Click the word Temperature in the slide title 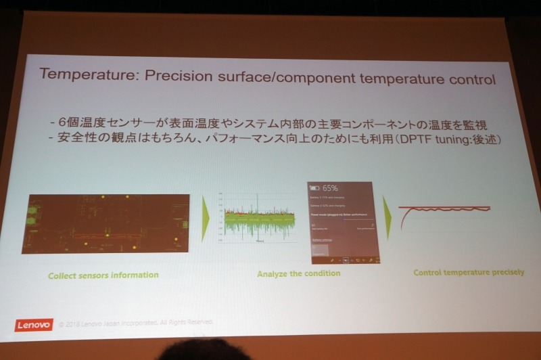coord(80,74)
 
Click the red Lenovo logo coord(33,325)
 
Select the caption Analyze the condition coord(298,274)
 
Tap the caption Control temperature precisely coord(469,272)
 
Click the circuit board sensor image coord(104,223)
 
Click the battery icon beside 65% coord(314,187)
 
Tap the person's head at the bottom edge coord(203,352)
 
